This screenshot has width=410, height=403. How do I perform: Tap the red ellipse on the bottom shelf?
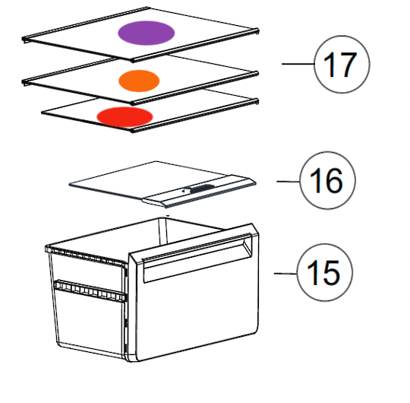pos(125,116)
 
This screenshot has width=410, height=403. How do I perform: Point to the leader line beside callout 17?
pos(298,65)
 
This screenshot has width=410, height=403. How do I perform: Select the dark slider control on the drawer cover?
pos(200,187)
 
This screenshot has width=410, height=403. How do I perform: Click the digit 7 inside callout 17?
pos(347,65)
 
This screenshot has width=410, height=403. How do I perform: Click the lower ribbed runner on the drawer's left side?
pos(87,290)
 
